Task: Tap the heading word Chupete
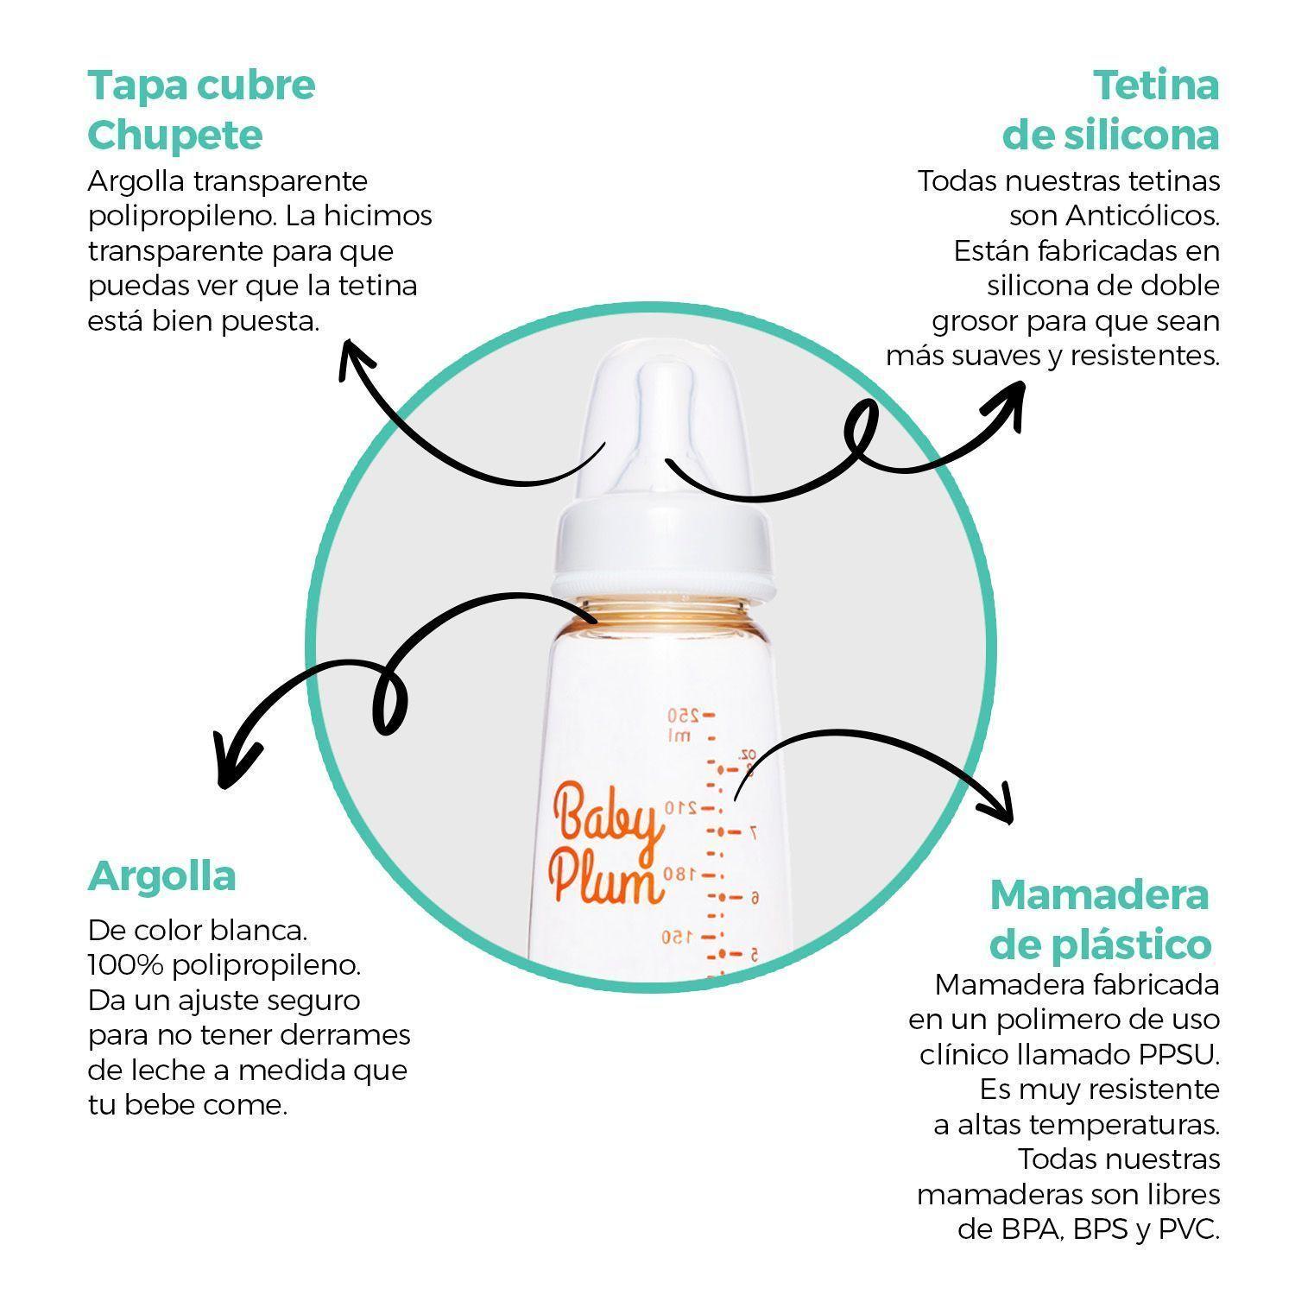pos(175,136)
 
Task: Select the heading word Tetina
pos(1155,85)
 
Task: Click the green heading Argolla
pos(161,875)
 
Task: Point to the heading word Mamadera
pos(1098,894)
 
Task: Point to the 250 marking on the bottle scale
pos(681,716)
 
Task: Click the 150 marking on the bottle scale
pos(680,936)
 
